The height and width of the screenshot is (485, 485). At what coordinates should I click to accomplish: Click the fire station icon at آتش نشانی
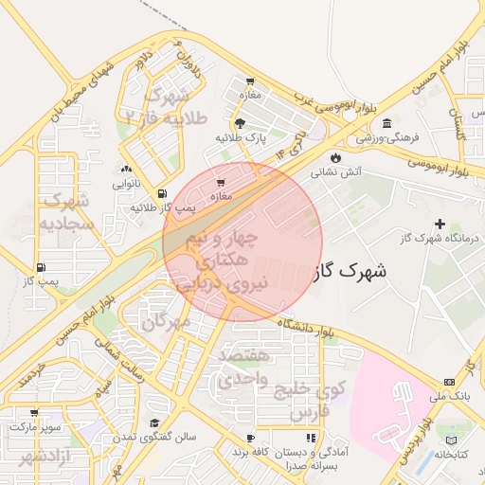(x=336, y=157)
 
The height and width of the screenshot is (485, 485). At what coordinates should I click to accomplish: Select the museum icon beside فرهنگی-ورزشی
(x=386, y=124)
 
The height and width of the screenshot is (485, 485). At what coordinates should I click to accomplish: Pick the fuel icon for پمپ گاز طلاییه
(x=162, y=192)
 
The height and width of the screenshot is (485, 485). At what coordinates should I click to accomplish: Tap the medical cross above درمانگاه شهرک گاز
(x=439, y=223)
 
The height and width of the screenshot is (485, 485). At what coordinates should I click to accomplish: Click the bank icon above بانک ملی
(x=448, y=382)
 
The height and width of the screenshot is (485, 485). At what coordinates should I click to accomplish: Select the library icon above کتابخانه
(x=451, y=440)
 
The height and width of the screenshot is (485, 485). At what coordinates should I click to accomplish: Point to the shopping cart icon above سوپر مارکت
(x=35, y=413)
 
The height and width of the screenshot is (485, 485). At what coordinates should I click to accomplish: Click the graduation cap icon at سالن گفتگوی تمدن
(x=154, y=422)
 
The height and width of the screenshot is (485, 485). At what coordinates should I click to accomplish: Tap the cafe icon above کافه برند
(x=251, y=439)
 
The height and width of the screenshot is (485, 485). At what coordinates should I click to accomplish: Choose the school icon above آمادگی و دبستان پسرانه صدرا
(x=310, y=439)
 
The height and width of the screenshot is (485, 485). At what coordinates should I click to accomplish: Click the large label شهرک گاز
(x=349, y=271)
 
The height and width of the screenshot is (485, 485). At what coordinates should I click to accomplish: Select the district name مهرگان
(x=167, y=322)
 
